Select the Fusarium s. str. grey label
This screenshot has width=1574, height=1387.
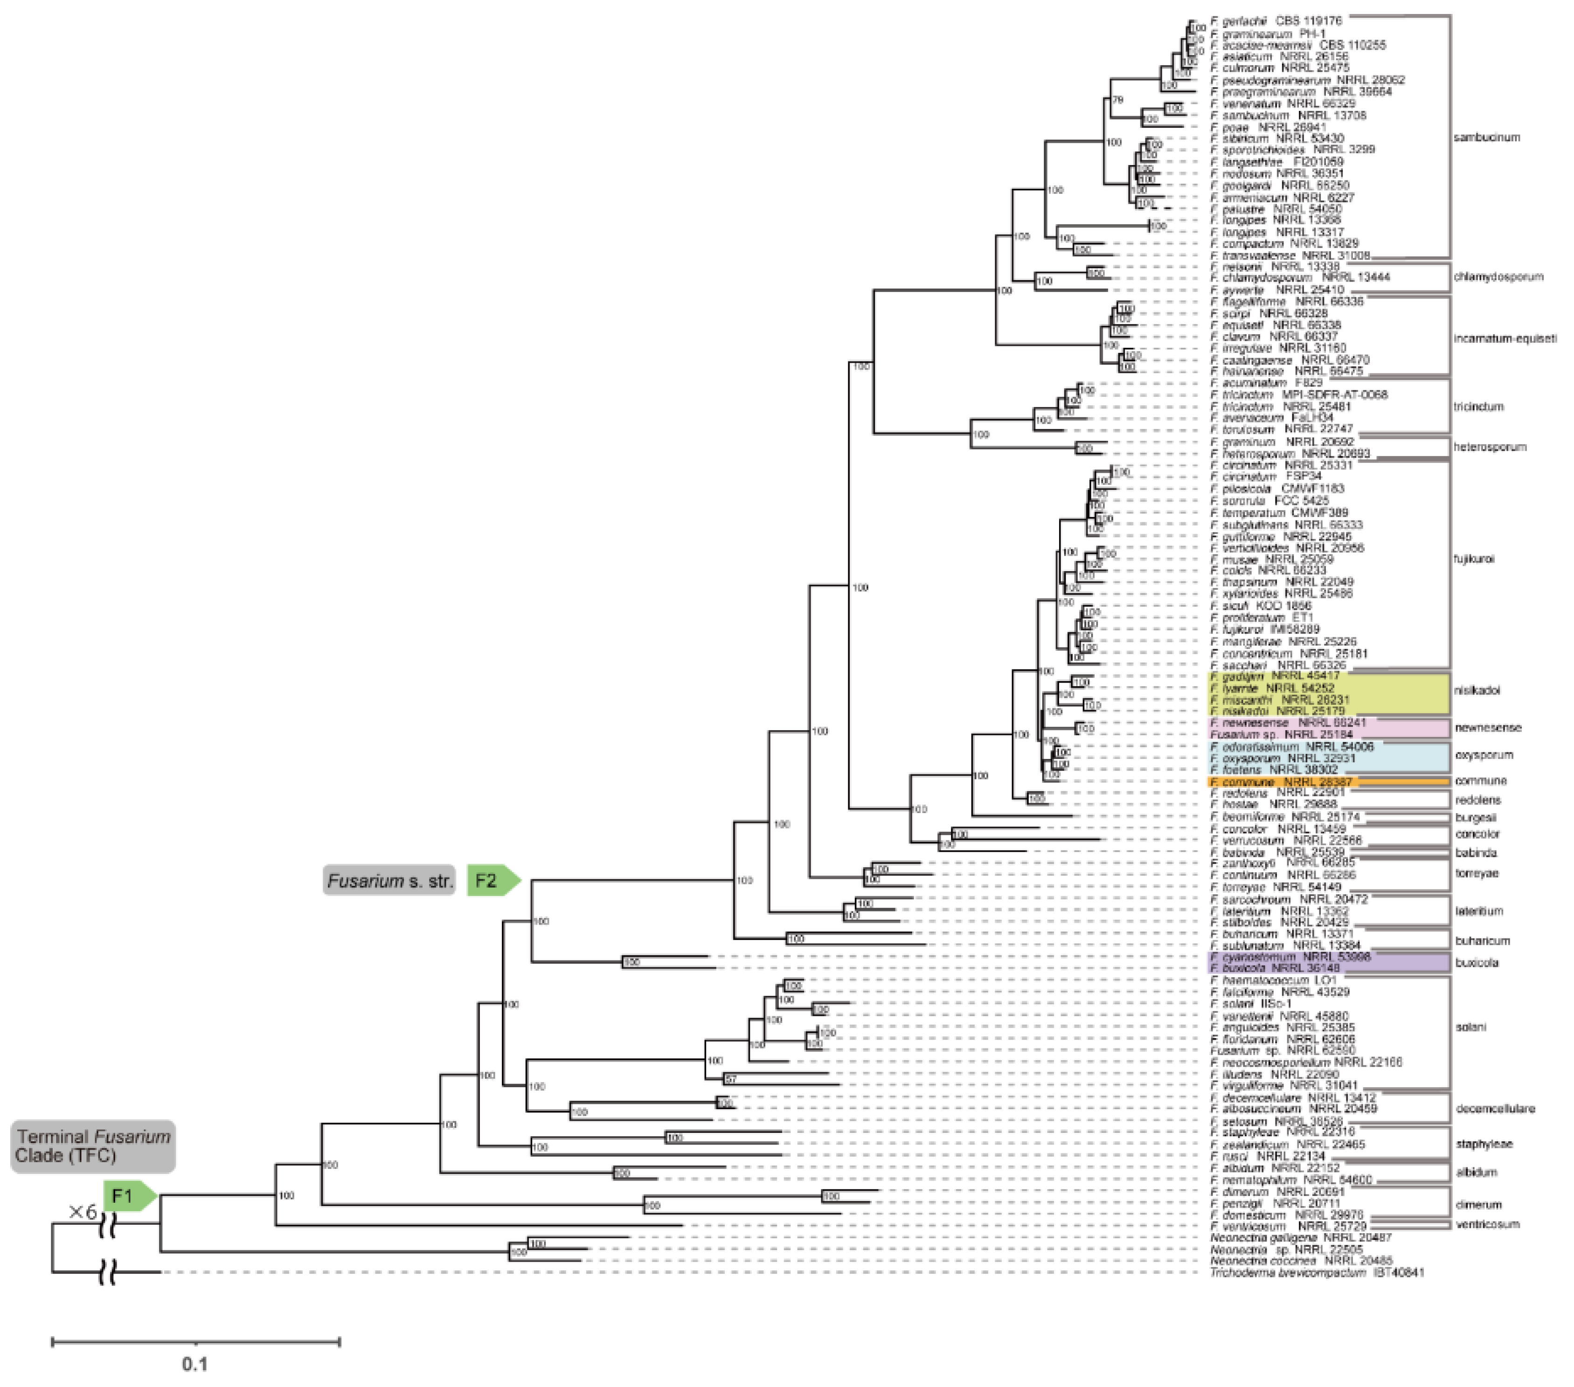tap(389, 881)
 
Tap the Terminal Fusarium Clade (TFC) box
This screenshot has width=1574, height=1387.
tap(92, 1146)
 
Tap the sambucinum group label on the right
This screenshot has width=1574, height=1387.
tap(1486, 138)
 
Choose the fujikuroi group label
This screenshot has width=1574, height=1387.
tap(1474, 559)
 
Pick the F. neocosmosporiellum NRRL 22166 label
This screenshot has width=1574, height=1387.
tap(1306, 1062)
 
